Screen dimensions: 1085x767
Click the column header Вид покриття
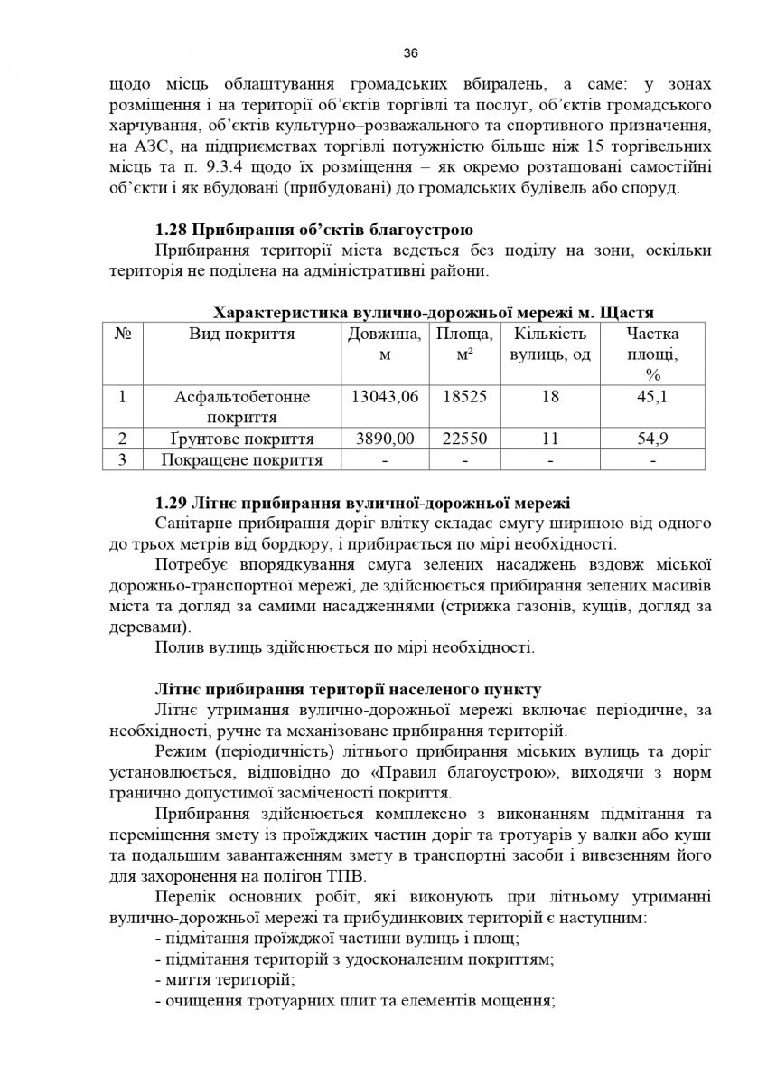tap(242, 335)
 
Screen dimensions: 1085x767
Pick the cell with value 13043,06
tap(384, 397)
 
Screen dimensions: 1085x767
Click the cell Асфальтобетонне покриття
tap(242, 407)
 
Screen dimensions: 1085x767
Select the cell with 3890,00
tap(384, 439)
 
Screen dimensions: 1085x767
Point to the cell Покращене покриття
tap(242, 460)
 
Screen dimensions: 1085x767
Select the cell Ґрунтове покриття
tap(242, 439)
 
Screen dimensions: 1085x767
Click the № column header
tap(123, 335)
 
